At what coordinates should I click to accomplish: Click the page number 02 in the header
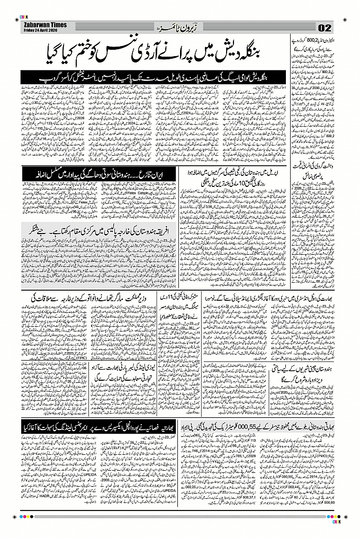click(x=324, y=28)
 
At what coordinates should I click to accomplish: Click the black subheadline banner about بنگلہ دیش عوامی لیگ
click(x=154, y=77)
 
